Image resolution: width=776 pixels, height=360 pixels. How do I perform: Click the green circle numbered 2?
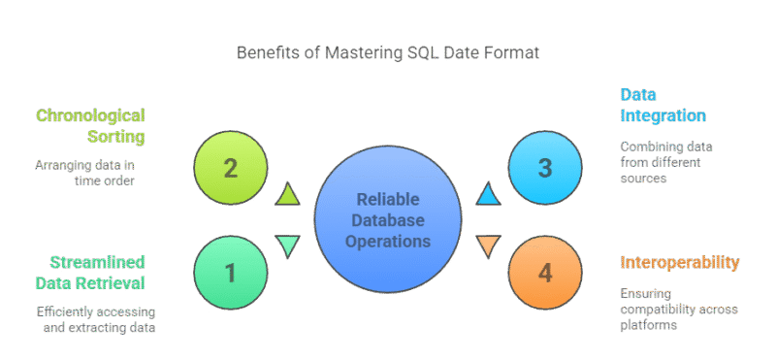[x=230, y=168]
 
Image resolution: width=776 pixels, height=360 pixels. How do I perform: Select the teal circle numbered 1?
[x=230, y=273]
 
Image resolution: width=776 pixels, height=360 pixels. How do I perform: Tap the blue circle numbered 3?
[x=544, y=168]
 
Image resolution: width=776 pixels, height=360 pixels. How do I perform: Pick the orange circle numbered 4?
[x=544, y=273]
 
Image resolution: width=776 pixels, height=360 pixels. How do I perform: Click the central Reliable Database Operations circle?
[x=388, y=220]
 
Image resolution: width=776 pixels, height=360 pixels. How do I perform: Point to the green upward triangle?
[x=287, y=195]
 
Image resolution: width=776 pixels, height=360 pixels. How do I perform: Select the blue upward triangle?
[x=489, y=195]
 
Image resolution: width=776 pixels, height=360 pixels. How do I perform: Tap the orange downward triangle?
[x=489, y=246]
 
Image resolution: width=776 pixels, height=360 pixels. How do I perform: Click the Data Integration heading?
[x=662, y=105]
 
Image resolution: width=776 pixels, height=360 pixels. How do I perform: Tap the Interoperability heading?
[x=680, y=262]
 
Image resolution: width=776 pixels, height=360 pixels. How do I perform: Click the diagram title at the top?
[x=388, y=52]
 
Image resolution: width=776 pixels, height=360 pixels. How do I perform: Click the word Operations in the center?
[x=388, y=240]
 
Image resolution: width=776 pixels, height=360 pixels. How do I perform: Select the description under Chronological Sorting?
[x=93, y=172]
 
